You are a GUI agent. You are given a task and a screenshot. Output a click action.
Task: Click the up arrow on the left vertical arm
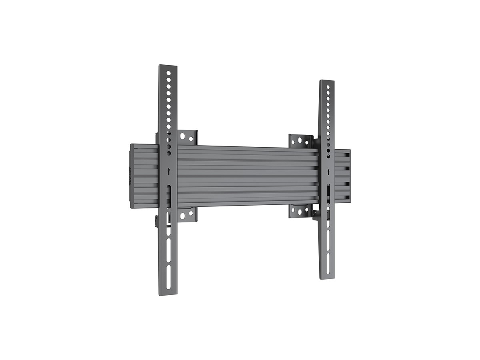(x=169, y=171)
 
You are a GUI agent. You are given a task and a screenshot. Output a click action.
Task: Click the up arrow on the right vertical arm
(x=328, y=172)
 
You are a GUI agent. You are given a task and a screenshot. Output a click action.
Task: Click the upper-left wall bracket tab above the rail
(x=187, y=137)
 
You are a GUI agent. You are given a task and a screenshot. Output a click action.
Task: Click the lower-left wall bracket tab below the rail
(x=187, y=215)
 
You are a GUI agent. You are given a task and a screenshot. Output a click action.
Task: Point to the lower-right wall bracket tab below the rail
(x=300, y=210)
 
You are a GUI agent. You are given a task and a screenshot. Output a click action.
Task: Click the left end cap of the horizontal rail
(x=132, y=176)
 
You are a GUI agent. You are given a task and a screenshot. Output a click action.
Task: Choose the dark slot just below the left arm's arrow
(x=169, y=196)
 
